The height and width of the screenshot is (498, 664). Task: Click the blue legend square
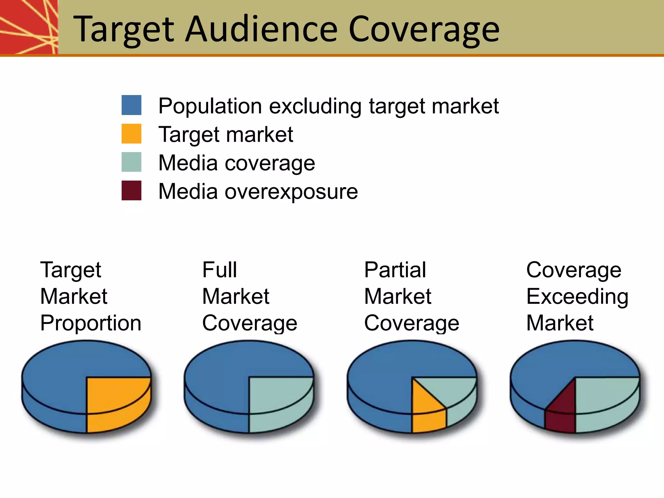pyautogui.click(x=131, y=105)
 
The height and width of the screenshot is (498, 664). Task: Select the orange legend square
pyautogui.click(x=131, y=134)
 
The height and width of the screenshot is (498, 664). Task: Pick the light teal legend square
pyautogui.click(x=131, y=162)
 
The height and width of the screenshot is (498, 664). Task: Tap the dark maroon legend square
pyautogui.click(x=131, y=190)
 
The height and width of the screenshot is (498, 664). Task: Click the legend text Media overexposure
pyautogui.click(x=258, y=191)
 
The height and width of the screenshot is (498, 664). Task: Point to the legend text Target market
pyautogui.click(x=226, y=135)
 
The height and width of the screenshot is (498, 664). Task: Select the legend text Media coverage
pyautogui.click(x=237, y=163)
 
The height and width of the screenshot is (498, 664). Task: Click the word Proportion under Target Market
pyautogui.click(x=91, y=323)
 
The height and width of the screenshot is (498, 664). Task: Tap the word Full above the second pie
pyautogui.click(x=219, y=270)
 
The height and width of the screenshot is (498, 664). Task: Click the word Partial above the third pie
pyautogui.click(x=395, y=270)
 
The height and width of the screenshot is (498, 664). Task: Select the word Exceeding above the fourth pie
pyautogui.click(x=577, y=297)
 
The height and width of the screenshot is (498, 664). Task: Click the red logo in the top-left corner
pyautogui.click(x=29, y=27)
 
